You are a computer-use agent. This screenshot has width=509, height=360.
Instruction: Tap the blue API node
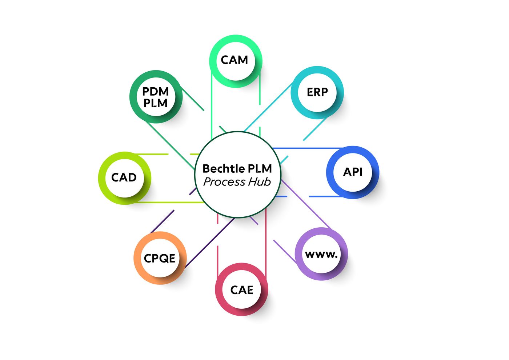click(x=353, y=172)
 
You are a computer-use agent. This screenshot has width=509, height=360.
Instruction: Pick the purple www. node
click(x=321, y=254)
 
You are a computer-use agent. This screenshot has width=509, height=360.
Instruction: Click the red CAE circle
click(x=241, y=289)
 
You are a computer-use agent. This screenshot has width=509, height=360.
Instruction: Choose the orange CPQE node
click(x=160, y=258)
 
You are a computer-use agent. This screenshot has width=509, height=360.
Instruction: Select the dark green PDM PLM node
click(x=156, y=97)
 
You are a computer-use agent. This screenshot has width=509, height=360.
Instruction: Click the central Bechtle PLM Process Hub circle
click(x=238, y=175)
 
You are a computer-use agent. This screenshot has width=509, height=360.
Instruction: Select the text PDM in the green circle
click(x=155, y=91)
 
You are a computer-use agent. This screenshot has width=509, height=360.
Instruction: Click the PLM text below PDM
click(x=155, y=103)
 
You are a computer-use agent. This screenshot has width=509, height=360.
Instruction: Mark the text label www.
click(x=321, y=254)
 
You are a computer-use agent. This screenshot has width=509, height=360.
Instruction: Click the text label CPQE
click(x=160, y=258)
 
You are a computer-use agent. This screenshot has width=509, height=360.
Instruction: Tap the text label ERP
click(x=317, y=92)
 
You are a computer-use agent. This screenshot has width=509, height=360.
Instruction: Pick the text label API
click(x=353, y=172)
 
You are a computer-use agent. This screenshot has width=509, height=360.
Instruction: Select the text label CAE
click(x=242, y=290)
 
